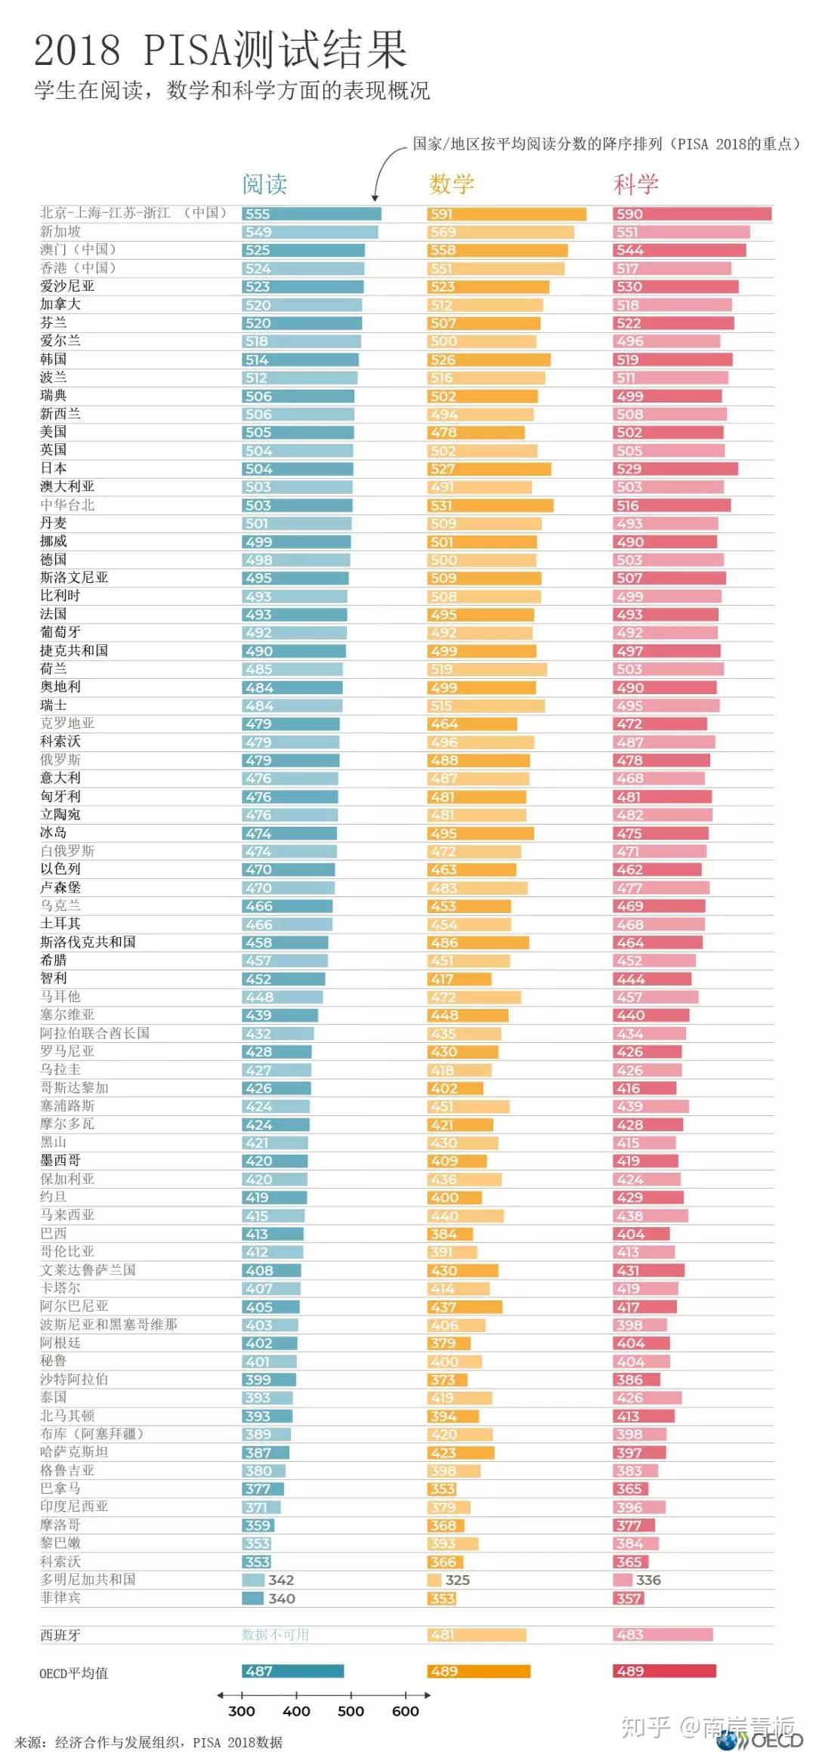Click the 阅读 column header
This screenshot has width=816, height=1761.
264,184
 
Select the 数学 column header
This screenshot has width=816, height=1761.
451,184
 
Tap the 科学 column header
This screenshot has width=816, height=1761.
635,184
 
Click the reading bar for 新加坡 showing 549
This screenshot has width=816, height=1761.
310,232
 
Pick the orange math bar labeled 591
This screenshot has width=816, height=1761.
506,214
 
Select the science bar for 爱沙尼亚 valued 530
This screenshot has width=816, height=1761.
675,287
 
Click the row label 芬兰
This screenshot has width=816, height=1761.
54,322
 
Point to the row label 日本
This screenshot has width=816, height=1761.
54,468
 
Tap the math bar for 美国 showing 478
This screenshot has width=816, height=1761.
475,433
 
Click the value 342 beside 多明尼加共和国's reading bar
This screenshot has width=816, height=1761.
281,1580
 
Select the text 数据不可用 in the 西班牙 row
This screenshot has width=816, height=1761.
275,1634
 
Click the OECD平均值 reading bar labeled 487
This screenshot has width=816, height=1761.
292,1671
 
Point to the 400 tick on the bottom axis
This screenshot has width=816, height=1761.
296,1710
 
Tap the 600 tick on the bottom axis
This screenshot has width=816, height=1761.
406,1710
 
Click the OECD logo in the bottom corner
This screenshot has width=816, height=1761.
763,1741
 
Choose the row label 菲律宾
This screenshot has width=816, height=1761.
60,1598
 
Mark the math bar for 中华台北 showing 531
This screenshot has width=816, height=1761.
490,505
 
